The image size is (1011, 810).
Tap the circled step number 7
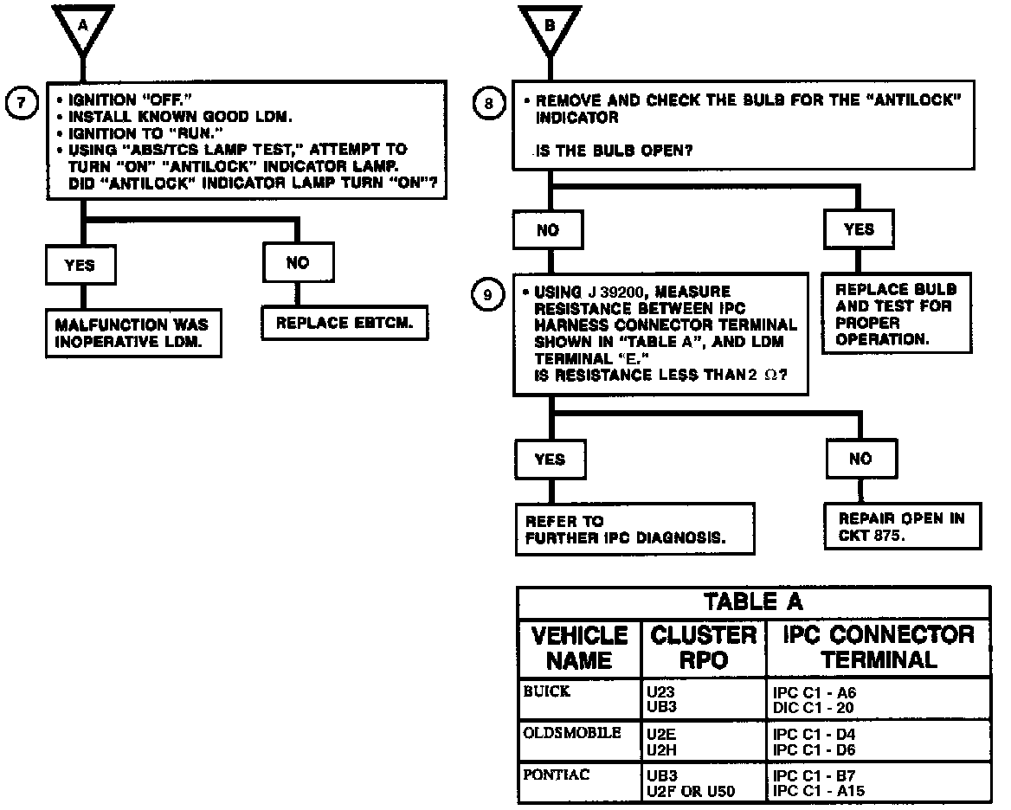(20, 102)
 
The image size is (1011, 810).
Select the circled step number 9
(487, 295)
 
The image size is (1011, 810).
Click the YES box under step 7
(80, 266)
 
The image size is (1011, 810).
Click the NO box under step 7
(297, 262)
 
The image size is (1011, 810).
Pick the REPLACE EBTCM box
(345, 324)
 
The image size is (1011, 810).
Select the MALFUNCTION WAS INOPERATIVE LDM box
(132, 333)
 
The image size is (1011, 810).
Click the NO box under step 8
(548, 230)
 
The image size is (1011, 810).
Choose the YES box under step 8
(859, 229)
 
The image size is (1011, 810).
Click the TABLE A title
(753, 602)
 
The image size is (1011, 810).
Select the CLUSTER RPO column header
(704, 647)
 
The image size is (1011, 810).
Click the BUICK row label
(548, 692)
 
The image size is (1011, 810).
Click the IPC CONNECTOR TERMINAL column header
(879, 647)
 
